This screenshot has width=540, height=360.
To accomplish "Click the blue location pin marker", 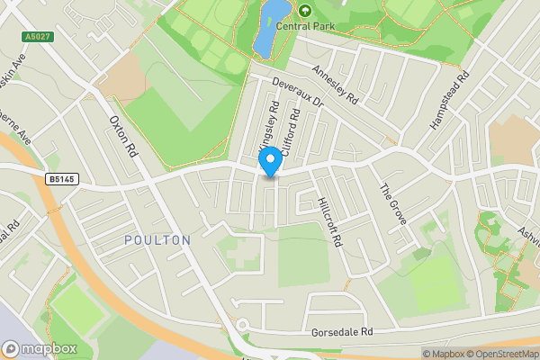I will click(268, 163).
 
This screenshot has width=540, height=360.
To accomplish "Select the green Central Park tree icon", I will click(304, 11).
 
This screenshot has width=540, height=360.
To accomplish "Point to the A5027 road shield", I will click(37, 37).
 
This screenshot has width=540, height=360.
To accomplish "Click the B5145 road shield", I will click(59, 179).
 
